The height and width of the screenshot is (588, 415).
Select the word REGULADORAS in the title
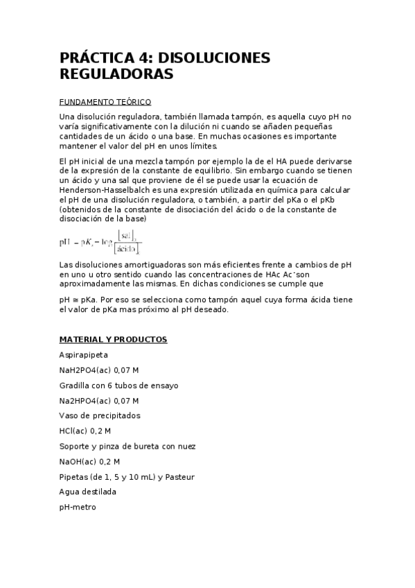point(116,73)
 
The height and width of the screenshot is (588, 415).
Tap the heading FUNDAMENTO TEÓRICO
point(105,101)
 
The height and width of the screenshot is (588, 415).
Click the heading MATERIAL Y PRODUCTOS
point(113,340)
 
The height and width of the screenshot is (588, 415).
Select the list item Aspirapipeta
point(83,354)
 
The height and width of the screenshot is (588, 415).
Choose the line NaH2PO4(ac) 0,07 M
point(99,370)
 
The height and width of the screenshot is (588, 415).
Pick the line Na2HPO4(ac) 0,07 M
point(99,400)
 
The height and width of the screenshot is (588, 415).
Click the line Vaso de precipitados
point(100,415)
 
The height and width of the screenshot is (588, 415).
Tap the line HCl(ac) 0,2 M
point(85,431)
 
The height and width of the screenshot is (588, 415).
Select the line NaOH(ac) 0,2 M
point(89,461)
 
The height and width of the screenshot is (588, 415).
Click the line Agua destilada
point(88,492)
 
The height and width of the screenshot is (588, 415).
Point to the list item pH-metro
point(78,507)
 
